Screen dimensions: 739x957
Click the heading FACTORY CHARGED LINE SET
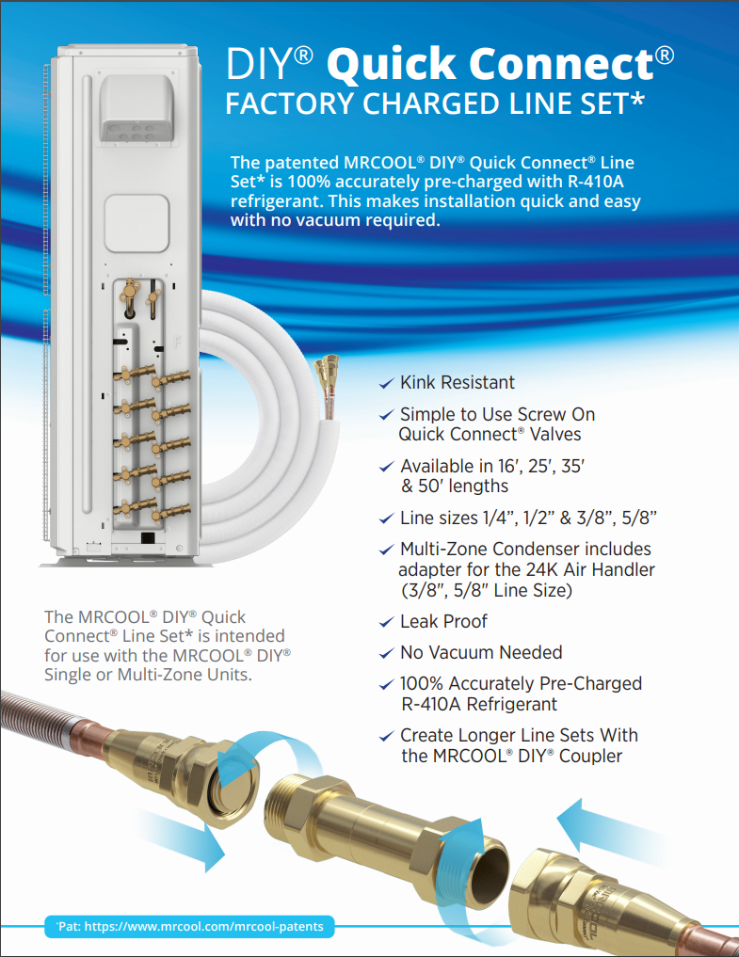(435, 104)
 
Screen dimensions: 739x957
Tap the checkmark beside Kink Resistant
(386, 383)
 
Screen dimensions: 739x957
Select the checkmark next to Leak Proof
(386, 623)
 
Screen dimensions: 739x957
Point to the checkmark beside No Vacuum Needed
(386, 654)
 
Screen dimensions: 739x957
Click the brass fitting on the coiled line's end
(326, 371)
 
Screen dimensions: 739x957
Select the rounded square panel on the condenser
(137, 223)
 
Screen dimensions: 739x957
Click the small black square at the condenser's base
(148, 537)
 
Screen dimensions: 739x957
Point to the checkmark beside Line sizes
(386, 518)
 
